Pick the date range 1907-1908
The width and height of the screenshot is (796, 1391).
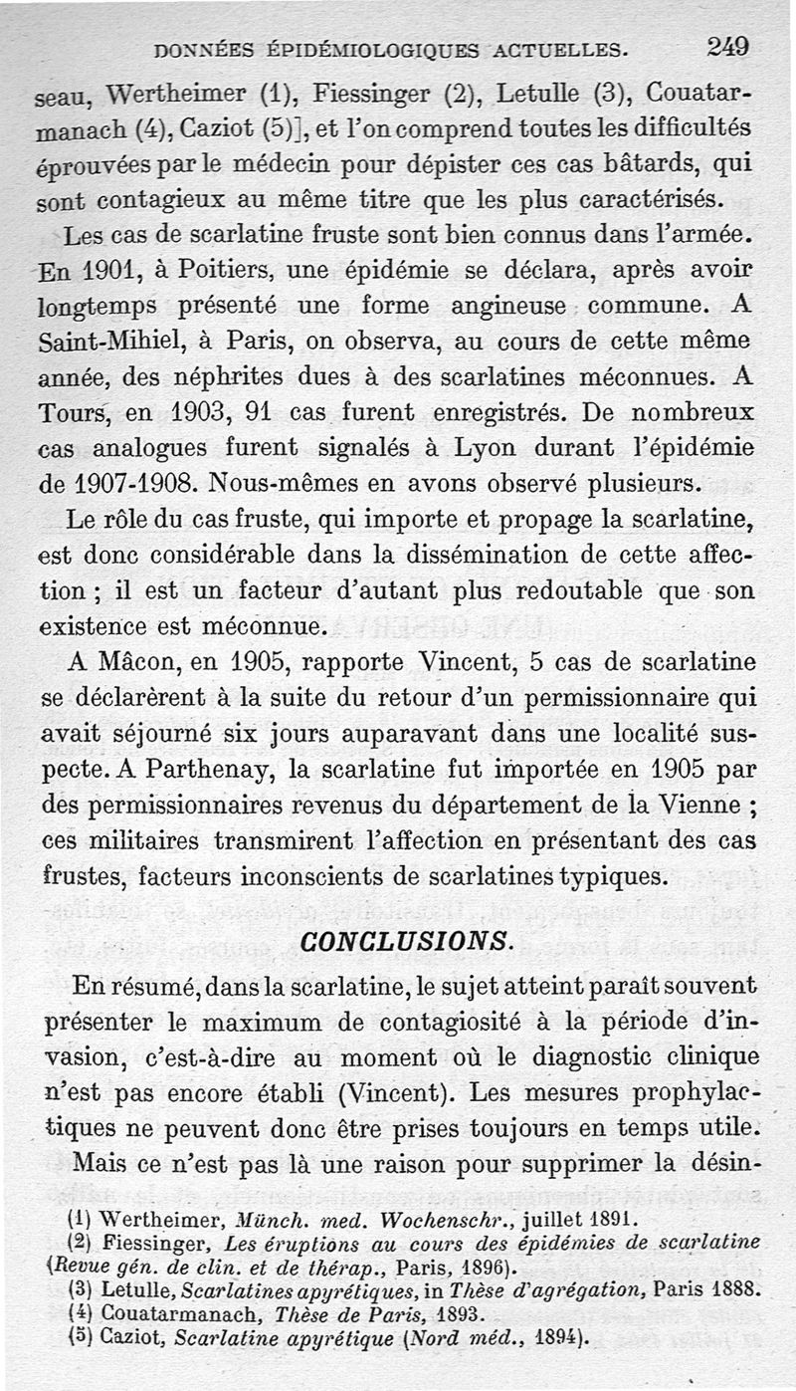[x=128, y=486]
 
